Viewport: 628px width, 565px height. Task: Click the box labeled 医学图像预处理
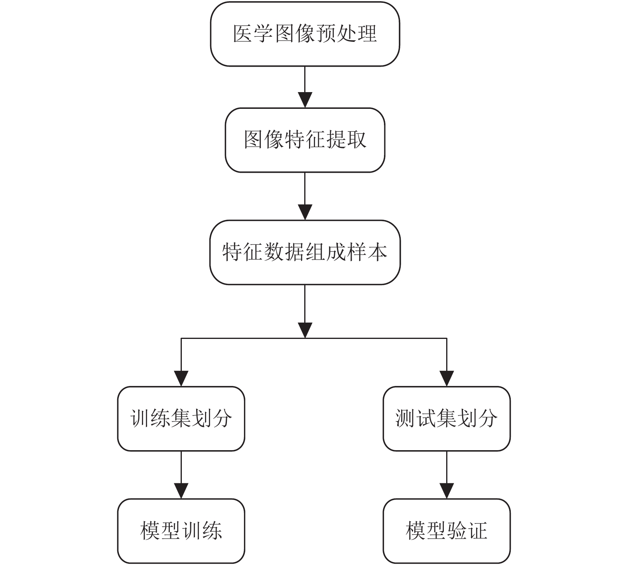(x=305, y=34)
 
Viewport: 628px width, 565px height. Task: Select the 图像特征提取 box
(x=305, y=140)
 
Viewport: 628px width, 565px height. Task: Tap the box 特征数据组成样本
(x=305, y=252)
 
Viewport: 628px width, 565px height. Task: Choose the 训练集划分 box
(x=181, y=419)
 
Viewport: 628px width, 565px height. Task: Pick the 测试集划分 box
(x=447, y=419)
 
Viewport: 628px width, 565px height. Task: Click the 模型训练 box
(x=181, y=531)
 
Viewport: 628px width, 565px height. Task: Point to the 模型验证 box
(x=447, y=531)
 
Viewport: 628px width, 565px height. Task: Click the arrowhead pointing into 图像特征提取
(x=305, y=100)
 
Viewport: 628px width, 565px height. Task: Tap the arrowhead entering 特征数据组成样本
(x=305, y=213)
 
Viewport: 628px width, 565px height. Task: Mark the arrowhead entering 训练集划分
(x=181, y=379)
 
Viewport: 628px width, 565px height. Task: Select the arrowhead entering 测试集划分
(x=447, y=379)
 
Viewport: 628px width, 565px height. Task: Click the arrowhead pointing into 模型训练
(x=181, y=491)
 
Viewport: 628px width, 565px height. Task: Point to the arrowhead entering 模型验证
(x=447, y=491)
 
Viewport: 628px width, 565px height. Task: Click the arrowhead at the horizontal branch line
(x=305, y=331)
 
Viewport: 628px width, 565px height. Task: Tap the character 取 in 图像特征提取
(x=356, y=140)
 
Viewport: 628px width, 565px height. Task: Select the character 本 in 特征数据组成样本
(x=377, y=252)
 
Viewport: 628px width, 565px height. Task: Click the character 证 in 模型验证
(x=477, y=531)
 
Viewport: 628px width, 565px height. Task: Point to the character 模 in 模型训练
(x=150, y=531)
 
